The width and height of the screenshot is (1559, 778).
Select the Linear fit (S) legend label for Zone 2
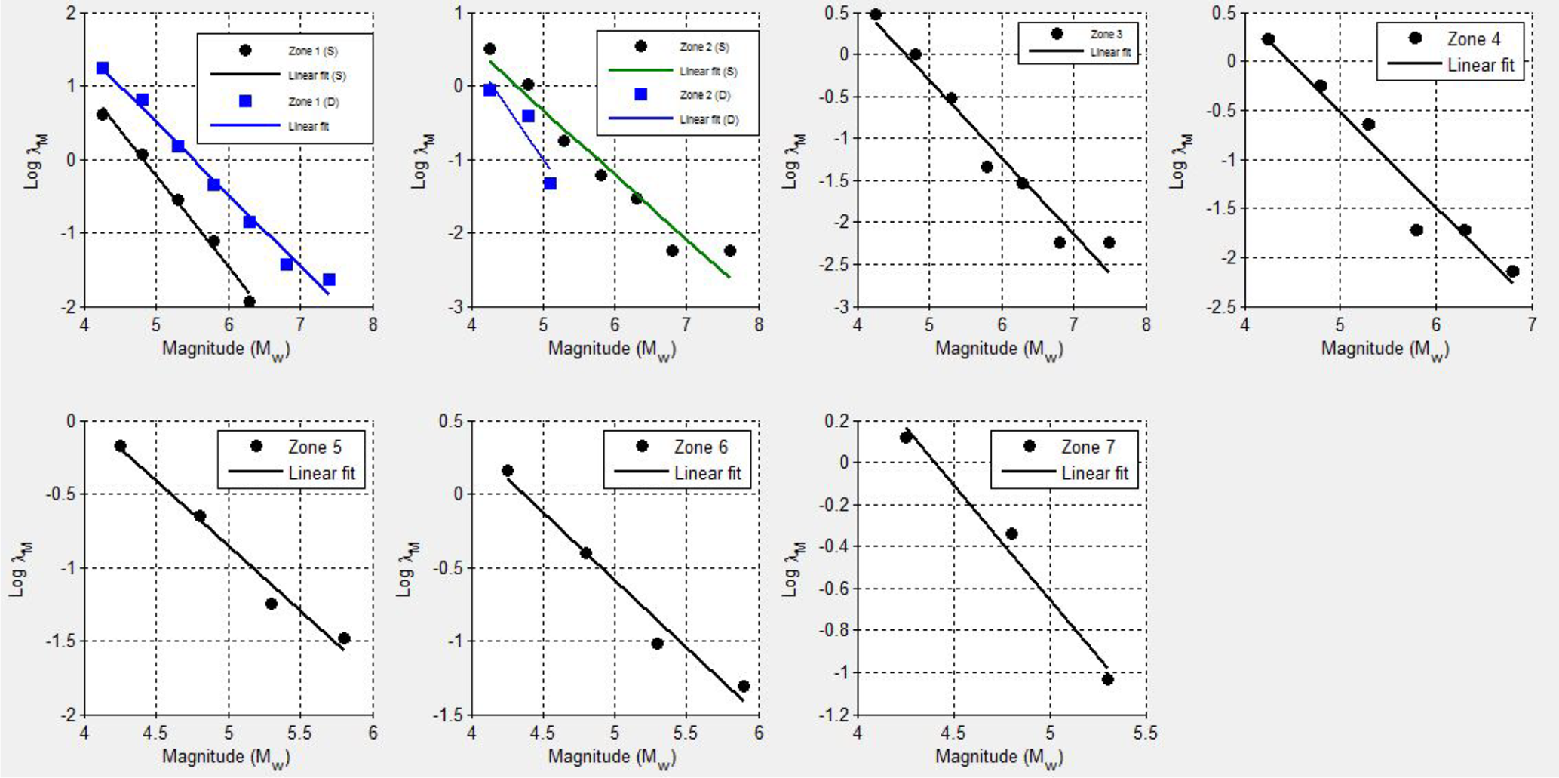click(708, 71)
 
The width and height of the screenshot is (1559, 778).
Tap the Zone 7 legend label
click(1088, 447)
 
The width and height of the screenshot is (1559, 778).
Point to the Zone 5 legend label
click(315, 447)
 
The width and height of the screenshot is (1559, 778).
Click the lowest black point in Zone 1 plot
click(250, 302)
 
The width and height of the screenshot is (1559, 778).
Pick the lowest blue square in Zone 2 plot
click(550, 183)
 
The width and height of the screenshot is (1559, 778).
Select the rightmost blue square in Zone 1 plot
click(329, 280)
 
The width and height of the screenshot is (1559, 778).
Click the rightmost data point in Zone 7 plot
click(1108, 679)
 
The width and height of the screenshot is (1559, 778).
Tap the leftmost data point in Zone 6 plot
click(508, 471)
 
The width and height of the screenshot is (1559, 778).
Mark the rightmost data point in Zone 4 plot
click(1512, 272)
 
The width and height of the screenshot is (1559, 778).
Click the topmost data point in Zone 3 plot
click(876, 14)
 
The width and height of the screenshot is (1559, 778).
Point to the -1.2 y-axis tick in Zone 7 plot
click(836, 714)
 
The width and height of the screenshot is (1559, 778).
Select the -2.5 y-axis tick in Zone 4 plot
click(1221, 306)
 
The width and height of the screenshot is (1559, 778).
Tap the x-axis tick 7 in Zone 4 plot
click(1532, 325)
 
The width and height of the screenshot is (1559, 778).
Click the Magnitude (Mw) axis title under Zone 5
click(226, 757)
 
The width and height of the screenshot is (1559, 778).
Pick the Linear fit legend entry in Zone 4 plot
click(1480, 65)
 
